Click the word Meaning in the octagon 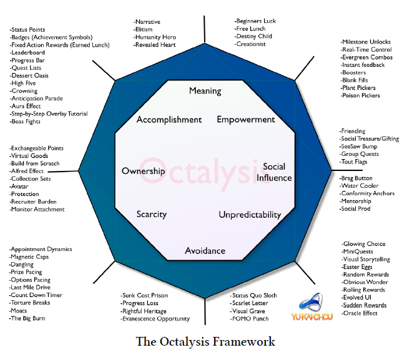[x=205, y=90]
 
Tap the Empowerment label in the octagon [x=246, y=119]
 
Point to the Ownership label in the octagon [x=144, y=171]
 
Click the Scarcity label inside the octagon [x=152, y=215]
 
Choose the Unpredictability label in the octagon [x=250, y=215]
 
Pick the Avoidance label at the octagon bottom [x=205, y=251]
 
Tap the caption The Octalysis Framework [x=205, y=342]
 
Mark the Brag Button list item [x=357, y=178]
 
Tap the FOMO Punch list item [x=250, y=319]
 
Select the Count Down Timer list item [x=36, y=295]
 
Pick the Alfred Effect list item [x=27, y=171]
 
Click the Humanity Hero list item [x=155, y=37]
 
